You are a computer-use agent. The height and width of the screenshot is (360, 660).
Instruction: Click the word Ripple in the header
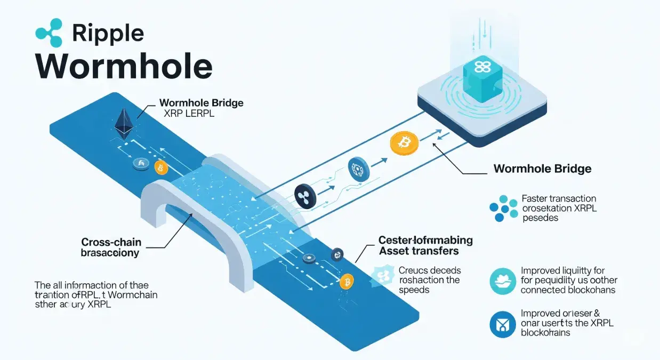click(108, 33)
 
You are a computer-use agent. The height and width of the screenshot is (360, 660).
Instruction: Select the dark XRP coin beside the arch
click(305, 196)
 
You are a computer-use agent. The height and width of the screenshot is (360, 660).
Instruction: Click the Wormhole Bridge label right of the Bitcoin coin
click(542, 169)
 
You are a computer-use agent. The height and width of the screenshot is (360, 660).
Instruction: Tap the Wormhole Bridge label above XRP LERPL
click(201, 102)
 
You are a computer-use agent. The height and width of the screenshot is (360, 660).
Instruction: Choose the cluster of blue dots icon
click(503, 209)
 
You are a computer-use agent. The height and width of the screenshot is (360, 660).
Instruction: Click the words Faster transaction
click(559, 199)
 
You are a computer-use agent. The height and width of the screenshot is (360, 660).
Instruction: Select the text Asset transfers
click(418, 251)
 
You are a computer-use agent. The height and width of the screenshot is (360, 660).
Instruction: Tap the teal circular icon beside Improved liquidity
click(502, 281)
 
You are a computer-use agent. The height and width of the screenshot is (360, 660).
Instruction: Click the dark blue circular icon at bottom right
click(502, 323)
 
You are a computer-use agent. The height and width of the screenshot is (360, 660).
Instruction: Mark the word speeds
click(414, 290)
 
